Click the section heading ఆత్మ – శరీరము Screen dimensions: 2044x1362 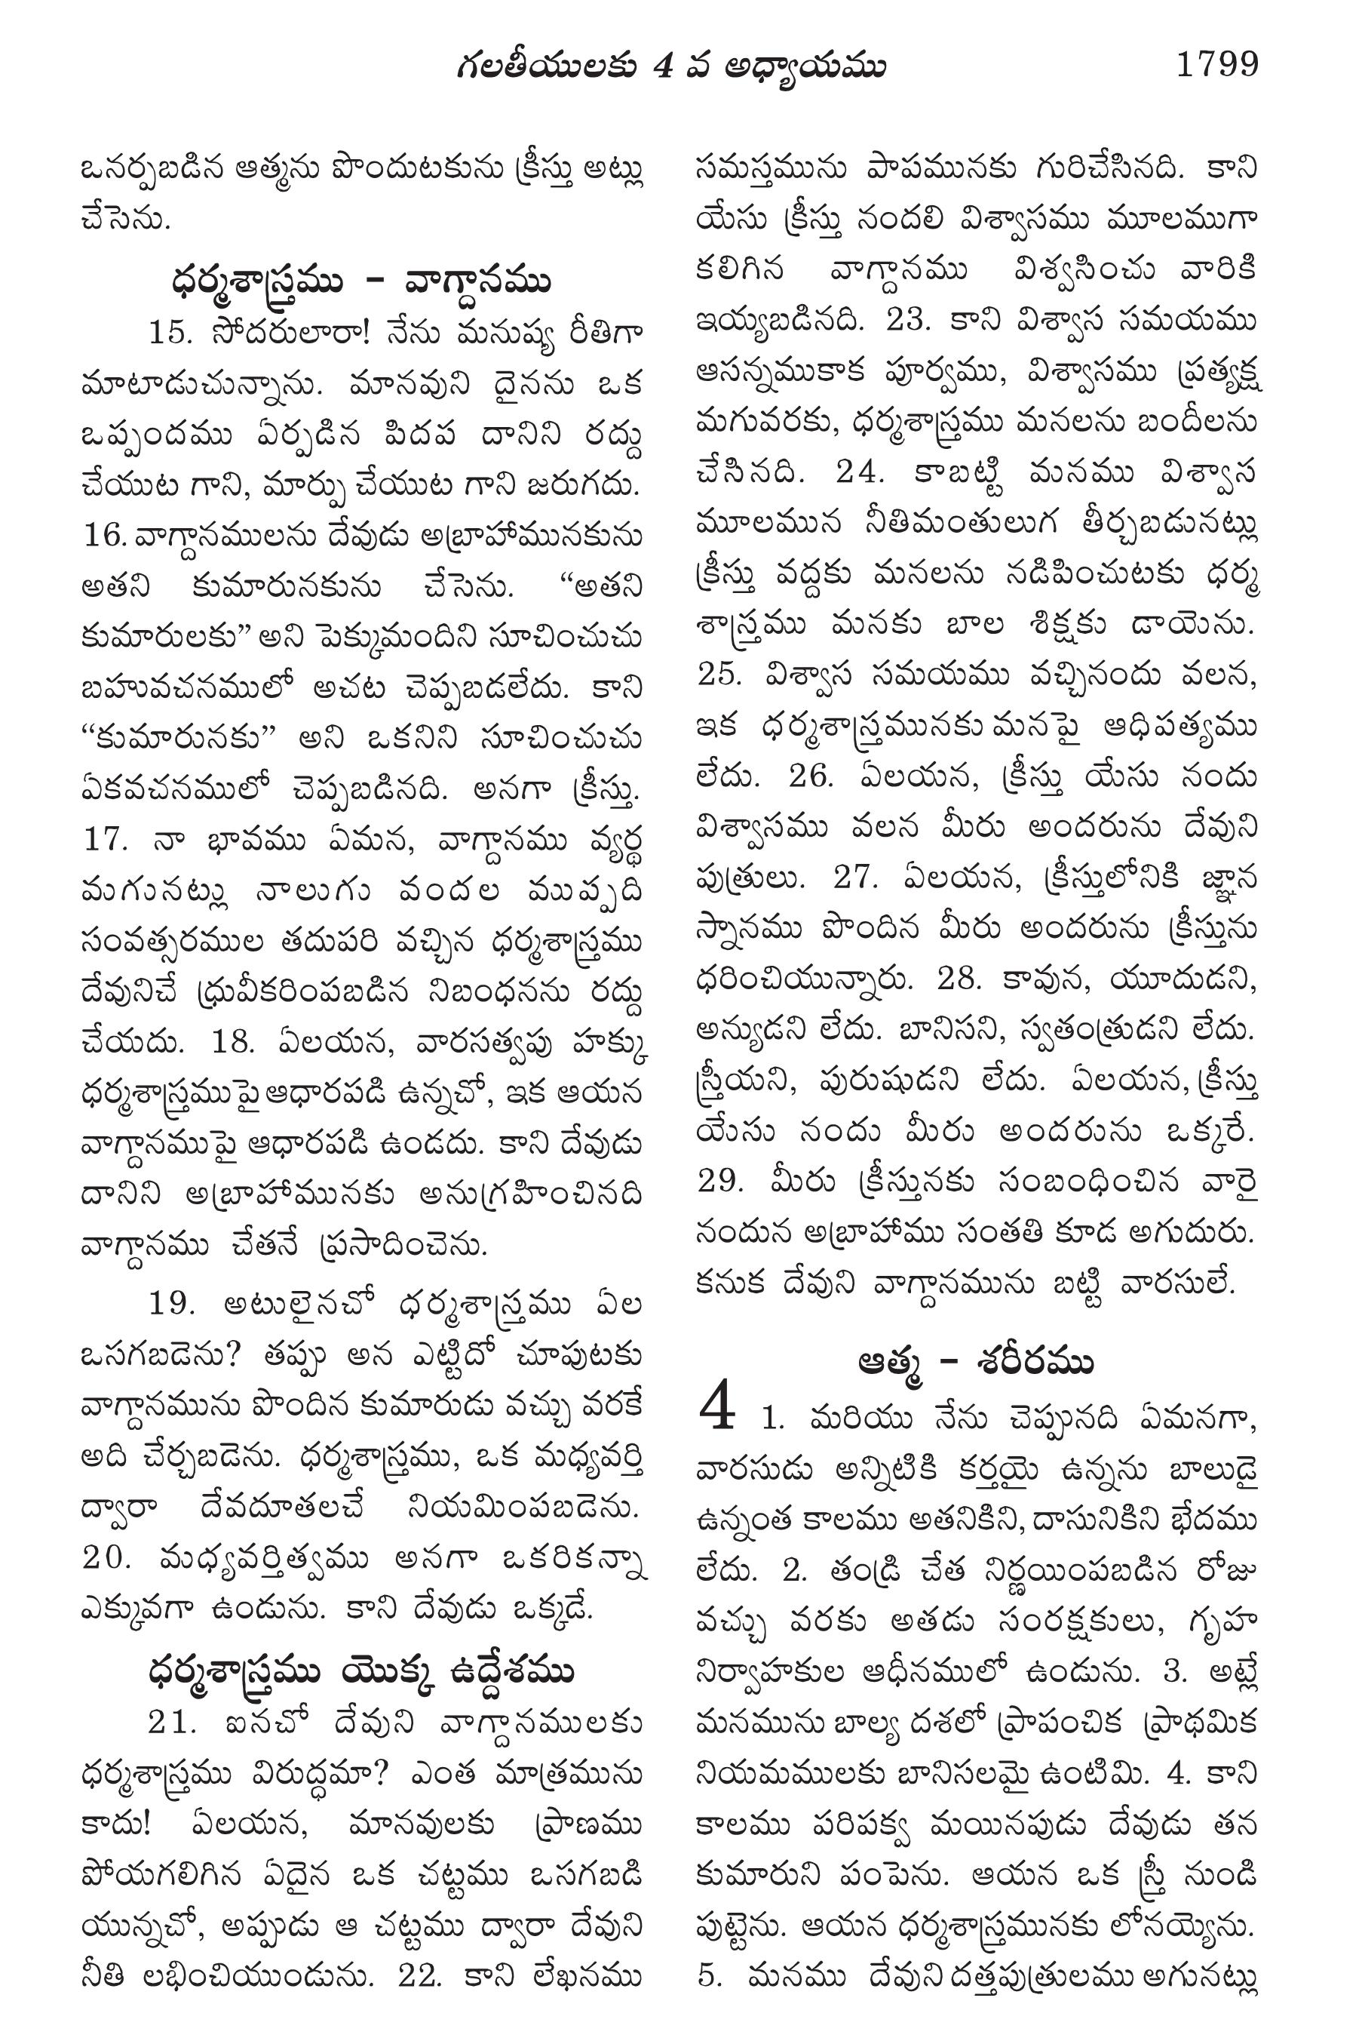pos(974,1362)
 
